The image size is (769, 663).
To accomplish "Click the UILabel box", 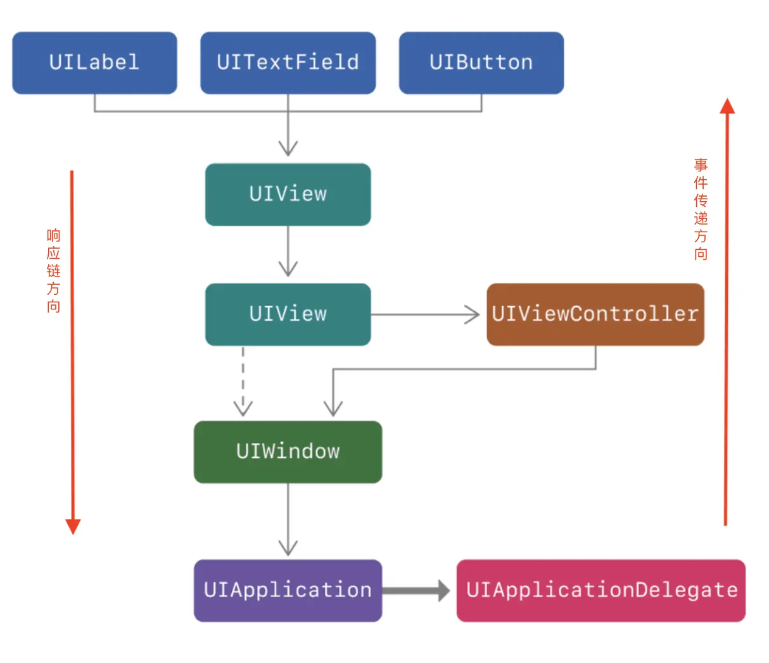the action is [94, 63].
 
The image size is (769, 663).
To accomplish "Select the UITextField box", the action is [288, 63].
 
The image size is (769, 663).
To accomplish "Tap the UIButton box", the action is [481, 63].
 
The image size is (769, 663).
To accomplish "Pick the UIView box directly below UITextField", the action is [288, 194].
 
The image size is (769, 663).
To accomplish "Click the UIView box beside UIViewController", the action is [288, 314].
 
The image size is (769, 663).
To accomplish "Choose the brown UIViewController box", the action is [595, 314].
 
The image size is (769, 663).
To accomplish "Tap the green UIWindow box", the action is [288, 452].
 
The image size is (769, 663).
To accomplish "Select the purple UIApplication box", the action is [288, 590].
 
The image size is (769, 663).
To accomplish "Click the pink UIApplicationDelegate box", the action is [601, 590].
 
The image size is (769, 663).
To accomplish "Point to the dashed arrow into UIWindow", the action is [243, 381].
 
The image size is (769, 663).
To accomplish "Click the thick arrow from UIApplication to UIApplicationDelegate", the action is [416, 590].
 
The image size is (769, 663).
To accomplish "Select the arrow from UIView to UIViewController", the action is [425, 314].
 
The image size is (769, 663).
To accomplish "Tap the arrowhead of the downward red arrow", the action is [73, 526].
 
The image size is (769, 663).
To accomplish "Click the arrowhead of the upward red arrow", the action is [727, 106].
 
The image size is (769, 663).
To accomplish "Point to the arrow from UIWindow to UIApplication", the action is [288, 519].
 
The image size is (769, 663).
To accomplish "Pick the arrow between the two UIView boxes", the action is [288, 251].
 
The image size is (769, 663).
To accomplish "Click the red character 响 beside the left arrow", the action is [54, 235].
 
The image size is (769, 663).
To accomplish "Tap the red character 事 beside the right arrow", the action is [701, 165].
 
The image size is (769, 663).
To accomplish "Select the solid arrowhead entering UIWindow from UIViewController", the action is [333, 409].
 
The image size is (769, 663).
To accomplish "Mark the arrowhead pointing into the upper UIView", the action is [288, 149].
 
